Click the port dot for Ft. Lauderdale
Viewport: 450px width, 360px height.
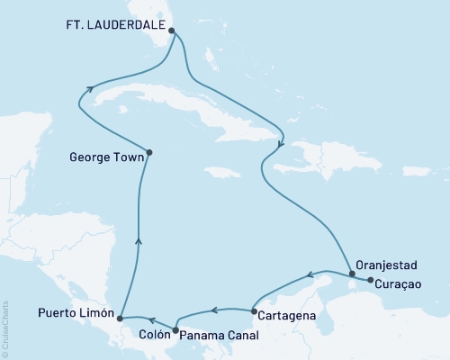[171, 29]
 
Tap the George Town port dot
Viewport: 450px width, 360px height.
[148, 152]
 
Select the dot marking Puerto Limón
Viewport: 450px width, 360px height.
[120, 318]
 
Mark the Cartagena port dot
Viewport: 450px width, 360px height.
[254, 310]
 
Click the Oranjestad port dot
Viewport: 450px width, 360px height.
[352, 274]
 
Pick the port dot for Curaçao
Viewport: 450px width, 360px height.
[369, 280]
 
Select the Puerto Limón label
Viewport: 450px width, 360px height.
[76, 314]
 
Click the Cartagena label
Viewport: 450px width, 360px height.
[286, 316]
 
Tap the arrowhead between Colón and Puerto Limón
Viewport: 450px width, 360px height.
[151, 319]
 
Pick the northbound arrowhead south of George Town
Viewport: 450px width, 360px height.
[137, 238]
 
